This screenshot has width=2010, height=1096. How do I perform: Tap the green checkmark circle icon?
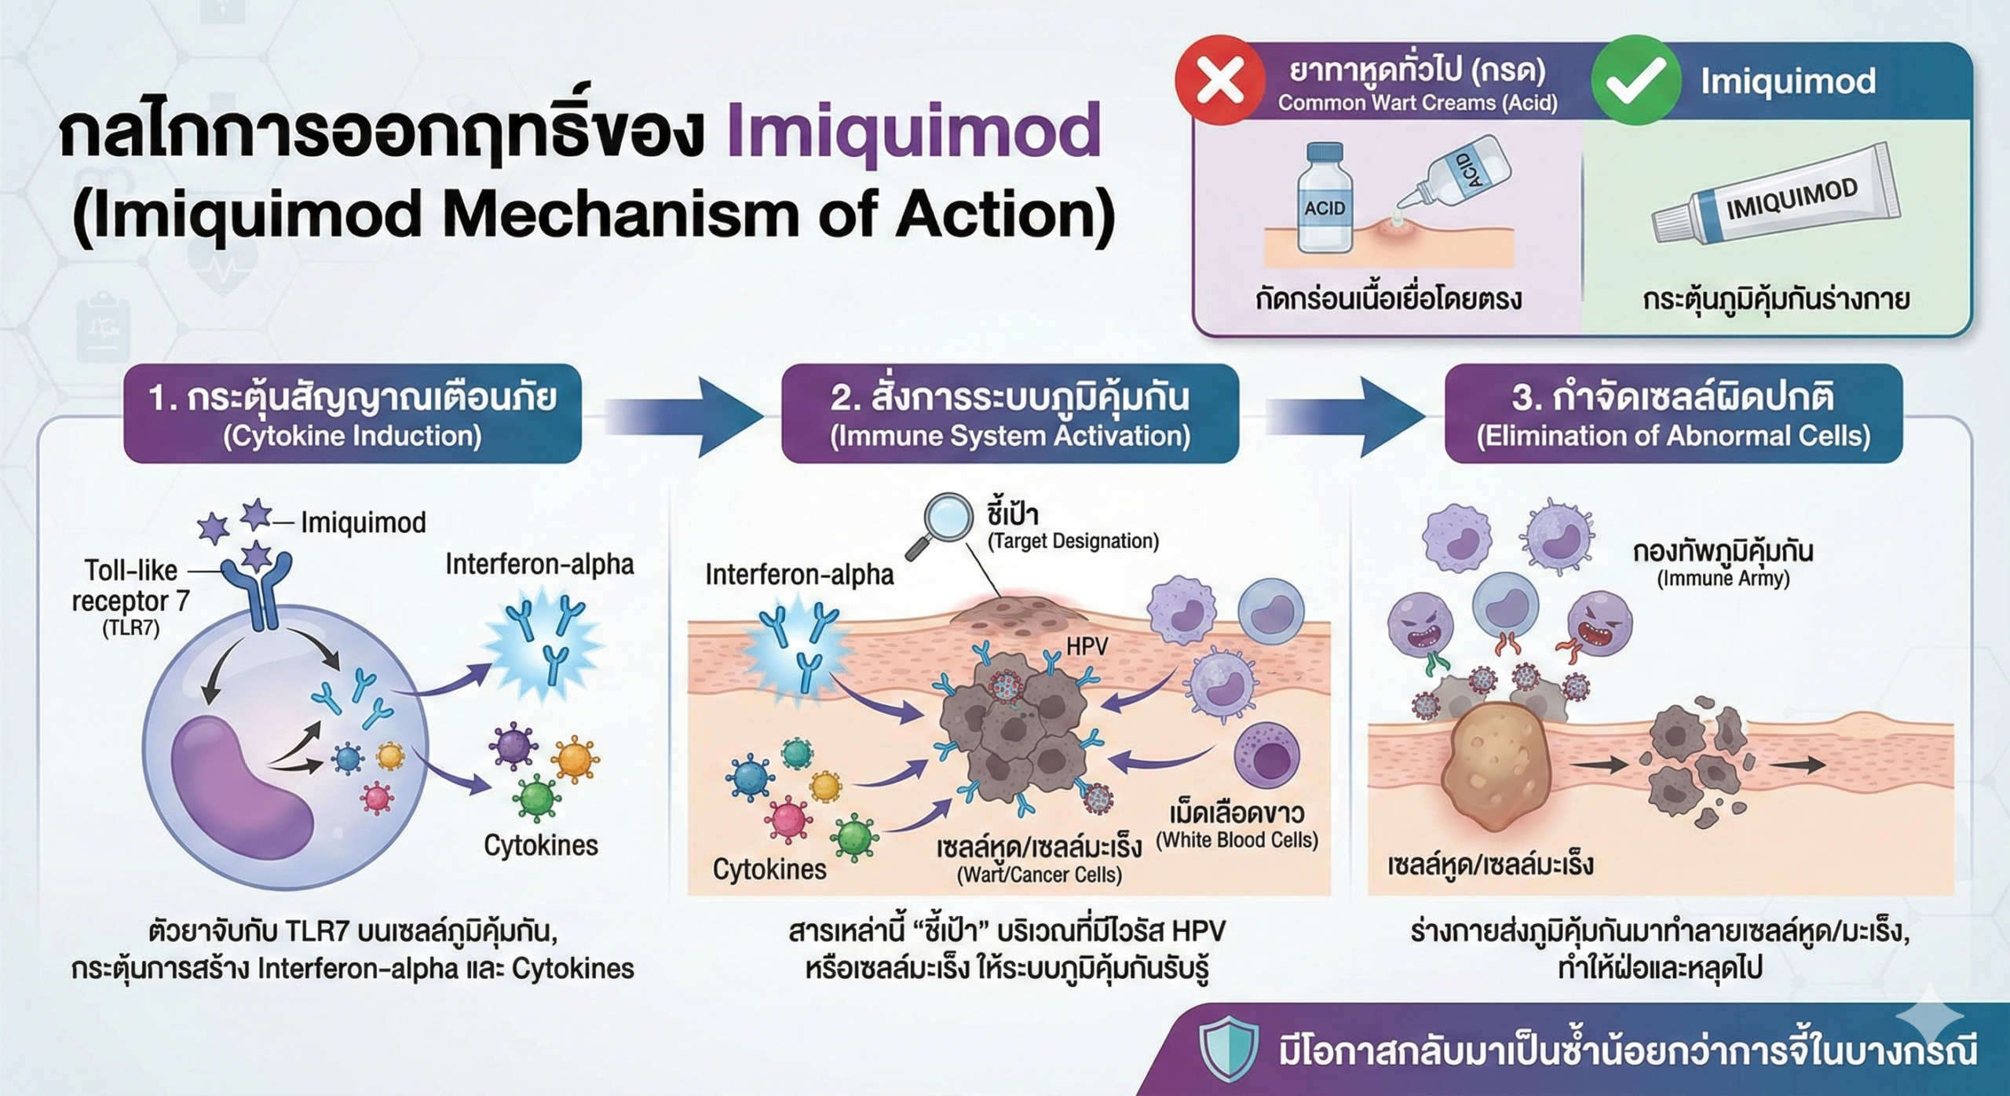(x=1635, y=81)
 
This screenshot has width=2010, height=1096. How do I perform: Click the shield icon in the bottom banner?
(x=1228, y=1049)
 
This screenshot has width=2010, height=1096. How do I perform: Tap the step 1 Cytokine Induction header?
(x=353, y=414)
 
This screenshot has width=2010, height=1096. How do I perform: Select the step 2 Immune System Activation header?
(x=1010, y=414)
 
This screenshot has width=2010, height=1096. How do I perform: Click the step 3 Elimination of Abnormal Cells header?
(x=1673, y=414)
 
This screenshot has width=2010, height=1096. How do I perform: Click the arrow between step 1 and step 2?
(x=683, y=415)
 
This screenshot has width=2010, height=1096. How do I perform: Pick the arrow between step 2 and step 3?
(x=1343, y=415)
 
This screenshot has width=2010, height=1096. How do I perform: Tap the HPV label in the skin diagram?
(x=1087, y=645)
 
